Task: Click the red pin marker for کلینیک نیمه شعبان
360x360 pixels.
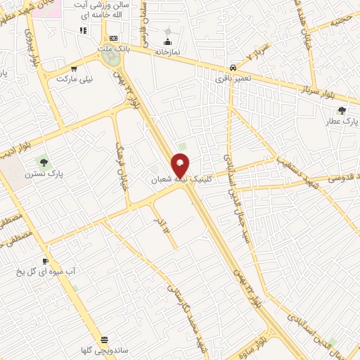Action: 181,165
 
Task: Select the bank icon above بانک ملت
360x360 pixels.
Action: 113,38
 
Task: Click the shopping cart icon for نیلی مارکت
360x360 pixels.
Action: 74,69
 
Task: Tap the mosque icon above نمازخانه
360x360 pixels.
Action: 167,32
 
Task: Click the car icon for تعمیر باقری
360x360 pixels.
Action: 231,67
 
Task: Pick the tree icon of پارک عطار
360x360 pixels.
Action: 342,110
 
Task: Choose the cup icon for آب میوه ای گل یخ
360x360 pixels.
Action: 45,261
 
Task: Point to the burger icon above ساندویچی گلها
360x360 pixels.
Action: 105,339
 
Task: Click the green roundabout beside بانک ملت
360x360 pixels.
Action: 110,59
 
